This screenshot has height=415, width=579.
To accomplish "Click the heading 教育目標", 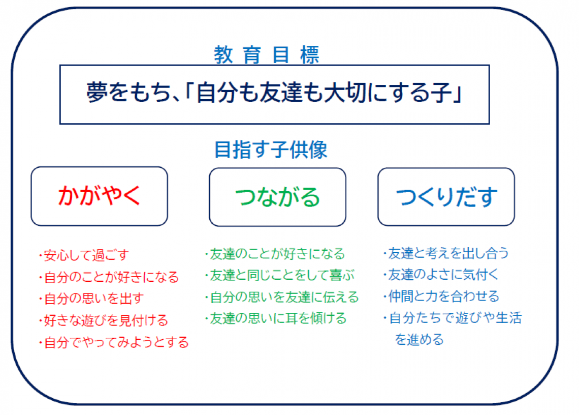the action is click(x=266, y=55).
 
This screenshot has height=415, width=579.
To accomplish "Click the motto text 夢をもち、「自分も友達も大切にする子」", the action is click(x=274, y=93).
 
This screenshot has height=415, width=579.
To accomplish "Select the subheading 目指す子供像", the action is click(x=271, y=150).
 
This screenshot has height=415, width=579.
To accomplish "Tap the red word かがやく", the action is click(x=99, y=195).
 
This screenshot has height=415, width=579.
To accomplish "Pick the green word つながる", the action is click(x=277, y=197).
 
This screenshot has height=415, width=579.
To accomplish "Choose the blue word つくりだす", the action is click(x=446, y=196).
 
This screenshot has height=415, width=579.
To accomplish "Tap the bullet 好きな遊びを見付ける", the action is click(x=104, y=320).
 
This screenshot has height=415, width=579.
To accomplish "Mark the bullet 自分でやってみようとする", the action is click(x=114, y=342).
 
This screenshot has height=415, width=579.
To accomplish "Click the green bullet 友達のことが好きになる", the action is click(x=275, y=254).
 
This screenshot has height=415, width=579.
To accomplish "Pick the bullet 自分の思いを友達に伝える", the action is click(x=282, y=297).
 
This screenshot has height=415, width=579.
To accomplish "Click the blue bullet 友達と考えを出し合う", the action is click(x=446, y=253).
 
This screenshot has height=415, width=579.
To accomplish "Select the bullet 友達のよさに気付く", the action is click(x=441, y=275).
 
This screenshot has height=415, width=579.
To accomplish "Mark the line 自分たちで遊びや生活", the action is click(x=453, y=318).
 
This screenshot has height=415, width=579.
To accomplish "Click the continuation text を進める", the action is click(x=419, y=339).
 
